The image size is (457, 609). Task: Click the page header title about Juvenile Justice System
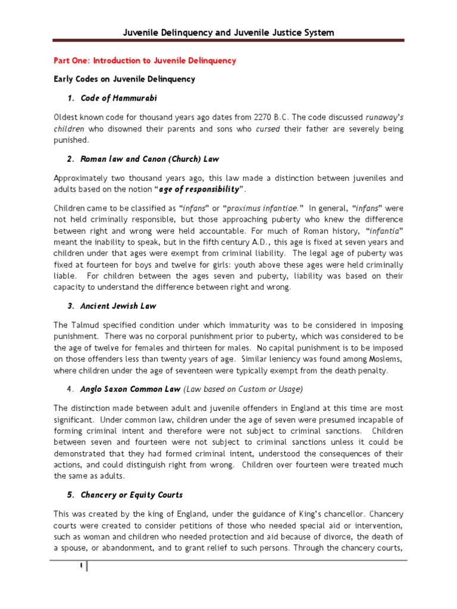228,33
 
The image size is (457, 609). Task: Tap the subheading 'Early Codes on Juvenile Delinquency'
124,79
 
